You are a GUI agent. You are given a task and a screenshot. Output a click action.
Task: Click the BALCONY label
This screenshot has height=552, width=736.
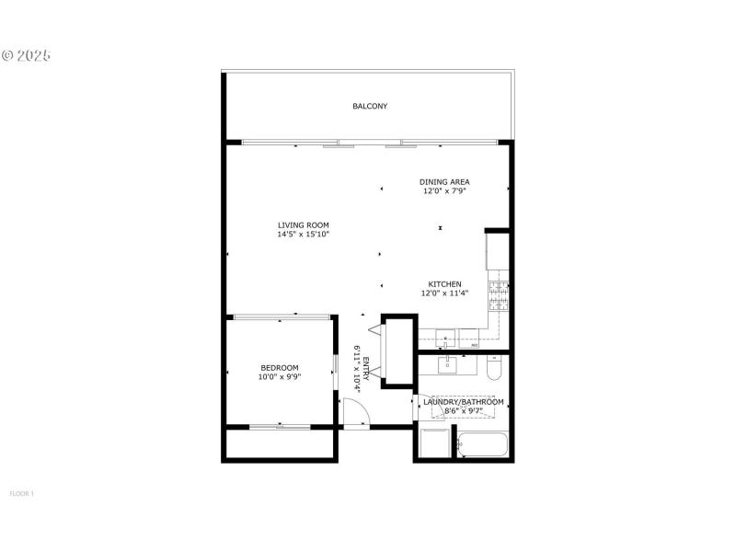[x=370, y=107]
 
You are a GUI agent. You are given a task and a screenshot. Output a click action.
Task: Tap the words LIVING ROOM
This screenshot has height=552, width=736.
[x=304, y=225]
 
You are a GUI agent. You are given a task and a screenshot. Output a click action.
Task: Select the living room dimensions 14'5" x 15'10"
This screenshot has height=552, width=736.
[x=304, y=235]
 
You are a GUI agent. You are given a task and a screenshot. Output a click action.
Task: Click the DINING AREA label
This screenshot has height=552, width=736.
[x=445, y=182]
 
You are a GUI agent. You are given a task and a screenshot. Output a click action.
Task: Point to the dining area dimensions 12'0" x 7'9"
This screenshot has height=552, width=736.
[x=445, y=191]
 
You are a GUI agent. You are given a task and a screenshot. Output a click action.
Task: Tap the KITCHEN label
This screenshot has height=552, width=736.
[x=445, y=284]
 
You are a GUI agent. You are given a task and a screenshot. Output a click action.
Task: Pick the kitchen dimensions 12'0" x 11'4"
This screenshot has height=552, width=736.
[x=445, y=293]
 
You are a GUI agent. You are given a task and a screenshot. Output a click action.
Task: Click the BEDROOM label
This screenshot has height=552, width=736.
[x=279, y=368]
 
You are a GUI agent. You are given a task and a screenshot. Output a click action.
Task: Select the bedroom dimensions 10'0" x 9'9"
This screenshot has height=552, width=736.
[x=279, y=376]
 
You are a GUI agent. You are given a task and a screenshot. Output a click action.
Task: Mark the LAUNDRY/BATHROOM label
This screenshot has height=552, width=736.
[x=463, y=402]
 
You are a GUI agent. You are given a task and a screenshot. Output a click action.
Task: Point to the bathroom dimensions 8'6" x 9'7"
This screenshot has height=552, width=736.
[x=463, y=410]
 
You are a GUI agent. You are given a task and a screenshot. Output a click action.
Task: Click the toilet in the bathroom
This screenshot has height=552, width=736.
[x=494, y=369]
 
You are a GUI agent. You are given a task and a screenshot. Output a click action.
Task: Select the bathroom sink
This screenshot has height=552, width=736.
[x=448, y=366]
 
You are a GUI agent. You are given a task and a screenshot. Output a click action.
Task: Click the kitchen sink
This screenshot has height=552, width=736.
[x=445, y=335]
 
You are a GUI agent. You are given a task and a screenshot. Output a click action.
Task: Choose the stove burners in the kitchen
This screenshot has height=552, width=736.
[x=499, y=294]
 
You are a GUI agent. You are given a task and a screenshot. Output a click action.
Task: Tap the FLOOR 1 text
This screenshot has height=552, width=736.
[x=21, y=494]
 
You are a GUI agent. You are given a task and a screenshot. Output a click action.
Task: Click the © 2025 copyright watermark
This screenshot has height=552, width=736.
[x=27, y=55]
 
